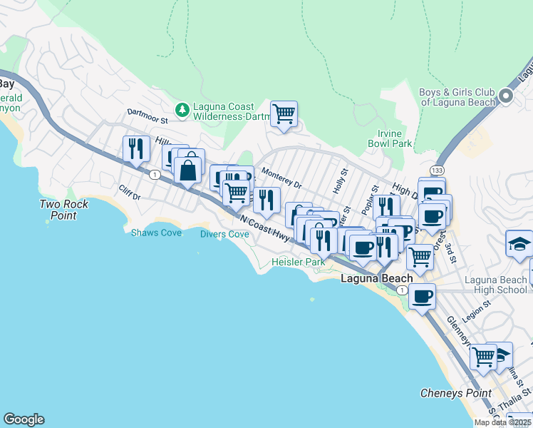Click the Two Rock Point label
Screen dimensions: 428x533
coord(64,210)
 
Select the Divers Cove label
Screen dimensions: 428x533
coord(224,234)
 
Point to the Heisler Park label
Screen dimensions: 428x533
coord(298,263)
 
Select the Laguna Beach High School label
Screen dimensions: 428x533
coord(495,285)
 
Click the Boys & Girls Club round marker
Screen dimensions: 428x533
coord(507,96)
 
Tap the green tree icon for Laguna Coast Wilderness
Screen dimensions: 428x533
coord(183,108)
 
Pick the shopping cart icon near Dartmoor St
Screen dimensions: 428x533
coord(284,113)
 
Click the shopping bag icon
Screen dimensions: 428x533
coord(187,170)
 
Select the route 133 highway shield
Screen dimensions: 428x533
coord(436,170)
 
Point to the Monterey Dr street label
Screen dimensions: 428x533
coord(281,178)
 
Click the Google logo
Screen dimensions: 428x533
coord(24,419)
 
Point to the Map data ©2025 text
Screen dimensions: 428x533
coord(502,422)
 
